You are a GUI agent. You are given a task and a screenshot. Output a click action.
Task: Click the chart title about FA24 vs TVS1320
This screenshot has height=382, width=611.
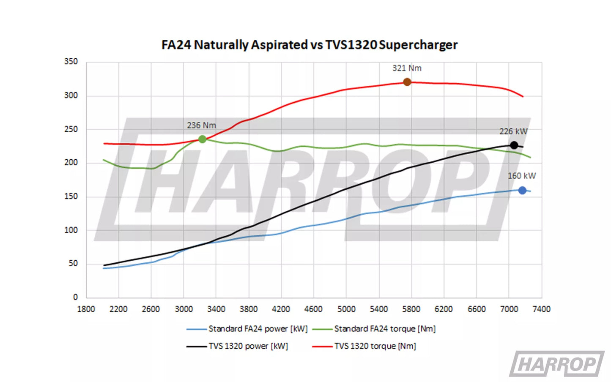point(309,45)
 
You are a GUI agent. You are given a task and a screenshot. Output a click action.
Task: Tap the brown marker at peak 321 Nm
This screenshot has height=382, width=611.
point(407,82)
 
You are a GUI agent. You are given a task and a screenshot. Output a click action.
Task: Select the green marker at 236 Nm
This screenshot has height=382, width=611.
point(202,139)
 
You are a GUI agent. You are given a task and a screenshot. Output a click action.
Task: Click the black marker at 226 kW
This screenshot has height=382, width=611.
point(514,145)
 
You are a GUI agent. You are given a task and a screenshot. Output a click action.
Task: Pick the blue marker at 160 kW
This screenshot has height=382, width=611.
point(522,191)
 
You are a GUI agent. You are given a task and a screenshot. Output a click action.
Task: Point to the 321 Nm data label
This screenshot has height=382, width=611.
point(407,68)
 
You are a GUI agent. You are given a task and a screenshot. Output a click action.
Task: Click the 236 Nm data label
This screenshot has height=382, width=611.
point(201,126)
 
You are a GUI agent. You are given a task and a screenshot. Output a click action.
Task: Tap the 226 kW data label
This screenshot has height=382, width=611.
point(513,131)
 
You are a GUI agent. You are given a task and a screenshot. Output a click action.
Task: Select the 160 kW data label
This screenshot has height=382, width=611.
point(521,176)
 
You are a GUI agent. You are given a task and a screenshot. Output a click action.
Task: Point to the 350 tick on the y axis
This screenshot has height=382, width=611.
point(71,62)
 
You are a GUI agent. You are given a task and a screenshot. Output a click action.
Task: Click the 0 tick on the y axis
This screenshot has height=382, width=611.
point(75,297)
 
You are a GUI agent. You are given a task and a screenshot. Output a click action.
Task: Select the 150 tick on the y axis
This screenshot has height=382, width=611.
point(71,196)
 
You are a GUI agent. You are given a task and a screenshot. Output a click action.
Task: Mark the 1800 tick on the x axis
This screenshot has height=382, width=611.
point(86,309)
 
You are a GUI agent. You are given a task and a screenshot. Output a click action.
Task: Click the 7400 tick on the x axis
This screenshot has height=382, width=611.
point(541,309)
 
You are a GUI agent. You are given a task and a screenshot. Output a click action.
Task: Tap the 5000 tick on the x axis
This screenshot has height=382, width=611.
point(346,309)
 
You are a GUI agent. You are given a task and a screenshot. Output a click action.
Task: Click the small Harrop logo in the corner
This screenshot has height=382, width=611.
point(556,364)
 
